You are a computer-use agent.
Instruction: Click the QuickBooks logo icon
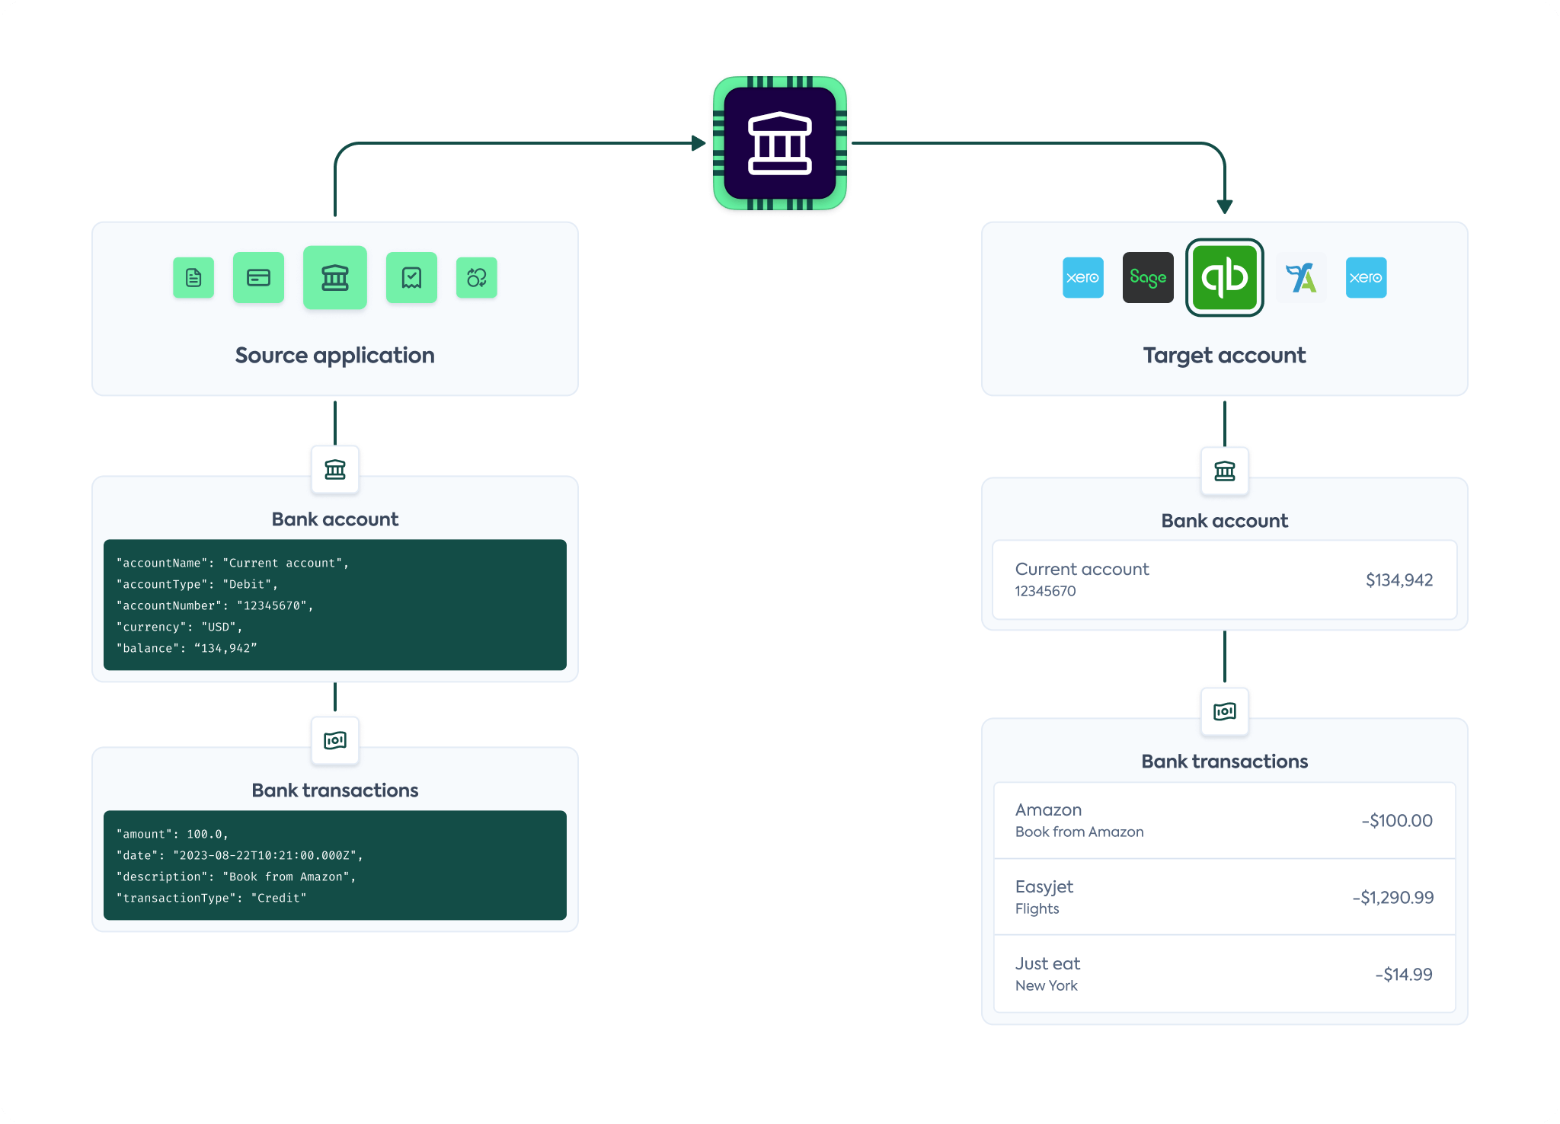click(1224, 277)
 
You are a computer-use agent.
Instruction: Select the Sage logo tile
click(1148, 277)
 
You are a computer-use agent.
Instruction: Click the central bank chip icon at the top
click(779, 143)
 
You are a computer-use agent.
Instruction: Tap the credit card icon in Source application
click(258, 277)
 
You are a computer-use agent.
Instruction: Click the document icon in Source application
click(193, 277)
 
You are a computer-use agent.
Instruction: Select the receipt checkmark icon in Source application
click(411, 277)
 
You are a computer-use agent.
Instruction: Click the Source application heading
click(334, 356)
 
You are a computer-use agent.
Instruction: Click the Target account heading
click(1224, 356)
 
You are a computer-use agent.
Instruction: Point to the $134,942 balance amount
click(1399, 580)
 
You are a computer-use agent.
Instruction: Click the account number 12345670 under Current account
click(1045, 591)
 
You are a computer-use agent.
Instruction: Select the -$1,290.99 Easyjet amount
click(1392, 898)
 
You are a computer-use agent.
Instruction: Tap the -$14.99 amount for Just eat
click(1403, 975)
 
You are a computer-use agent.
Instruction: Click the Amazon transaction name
click(1048, 809)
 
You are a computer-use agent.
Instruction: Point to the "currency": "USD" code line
click(179, 627)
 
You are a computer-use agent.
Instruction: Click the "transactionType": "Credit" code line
click(211, 898)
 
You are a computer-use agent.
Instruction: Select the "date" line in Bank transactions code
click(239, 855)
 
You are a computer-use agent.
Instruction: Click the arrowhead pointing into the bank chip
click(698, 143)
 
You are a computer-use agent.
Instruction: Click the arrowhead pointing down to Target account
click(1224, 206)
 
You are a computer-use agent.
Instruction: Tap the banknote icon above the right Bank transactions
click(1224, 712)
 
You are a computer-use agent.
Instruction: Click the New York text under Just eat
click(1046, 985)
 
